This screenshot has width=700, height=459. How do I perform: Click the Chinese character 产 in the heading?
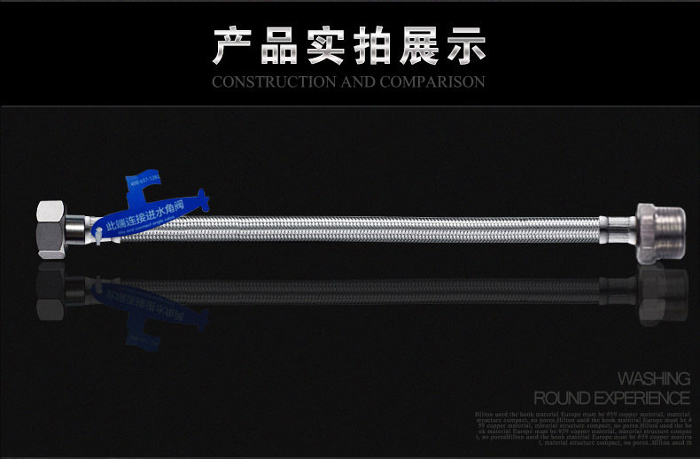(233, 45)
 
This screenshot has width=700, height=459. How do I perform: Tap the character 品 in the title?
(279, 45)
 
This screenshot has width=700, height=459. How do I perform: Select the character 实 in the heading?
(326, 45)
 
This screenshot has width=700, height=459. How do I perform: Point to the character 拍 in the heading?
(373, 45)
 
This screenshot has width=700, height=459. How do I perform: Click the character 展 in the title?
(420, 45)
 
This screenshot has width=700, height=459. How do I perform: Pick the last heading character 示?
(466, 45)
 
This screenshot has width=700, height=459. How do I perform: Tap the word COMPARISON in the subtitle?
(432, 82)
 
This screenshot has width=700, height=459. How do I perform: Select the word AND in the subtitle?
(359, 82)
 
